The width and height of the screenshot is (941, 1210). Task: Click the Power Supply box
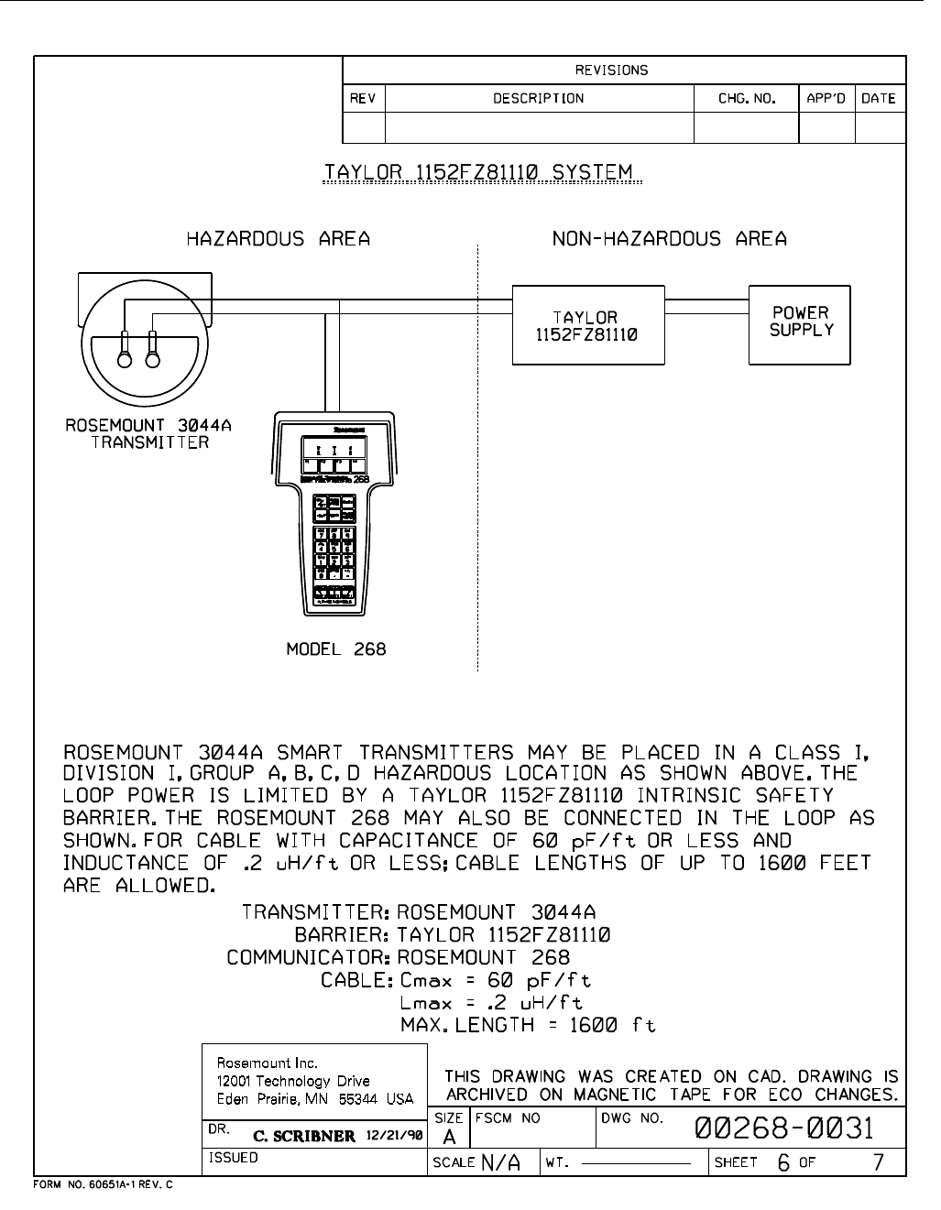(x=801, y=323)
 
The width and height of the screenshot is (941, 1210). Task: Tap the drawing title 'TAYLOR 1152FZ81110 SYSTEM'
(x=481, y=172)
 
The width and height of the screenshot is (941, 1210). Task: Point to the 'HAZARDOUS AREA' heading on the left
(x=279, y=239)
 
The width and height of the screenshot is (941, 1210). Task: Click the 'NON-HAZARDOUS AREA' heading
(x=669, y=239)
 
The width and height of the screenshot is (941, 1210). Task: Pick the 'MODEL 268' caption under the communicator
(x=336, y=649)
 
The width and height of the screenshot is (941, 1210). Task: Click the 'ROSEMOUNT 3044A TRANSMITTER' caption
(x=148, y=434)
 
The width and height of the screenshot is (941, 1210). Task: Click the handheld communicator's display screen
(x=336, y=451)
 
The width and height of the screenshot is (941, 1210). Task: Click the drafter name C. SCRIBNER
(x=303, y=1136)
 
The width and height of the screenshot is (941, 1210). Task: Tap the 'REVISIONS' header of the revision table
(x=611, y=70)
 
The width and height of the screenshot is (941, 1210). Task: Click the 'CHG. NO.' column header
(x=747, y=98)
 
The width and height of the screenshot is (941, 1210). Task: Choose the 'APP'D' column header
(x=826, y=98)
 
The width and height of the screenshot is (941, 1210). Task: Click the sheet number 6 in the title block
(x=783, y=1162)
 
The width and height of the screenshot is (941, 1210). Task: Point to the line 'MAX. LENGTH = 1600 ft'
(x=528, y=1025)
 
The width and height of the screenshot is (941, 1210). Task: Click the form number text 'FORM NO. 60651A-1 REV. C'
(x=103, y=1184)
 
